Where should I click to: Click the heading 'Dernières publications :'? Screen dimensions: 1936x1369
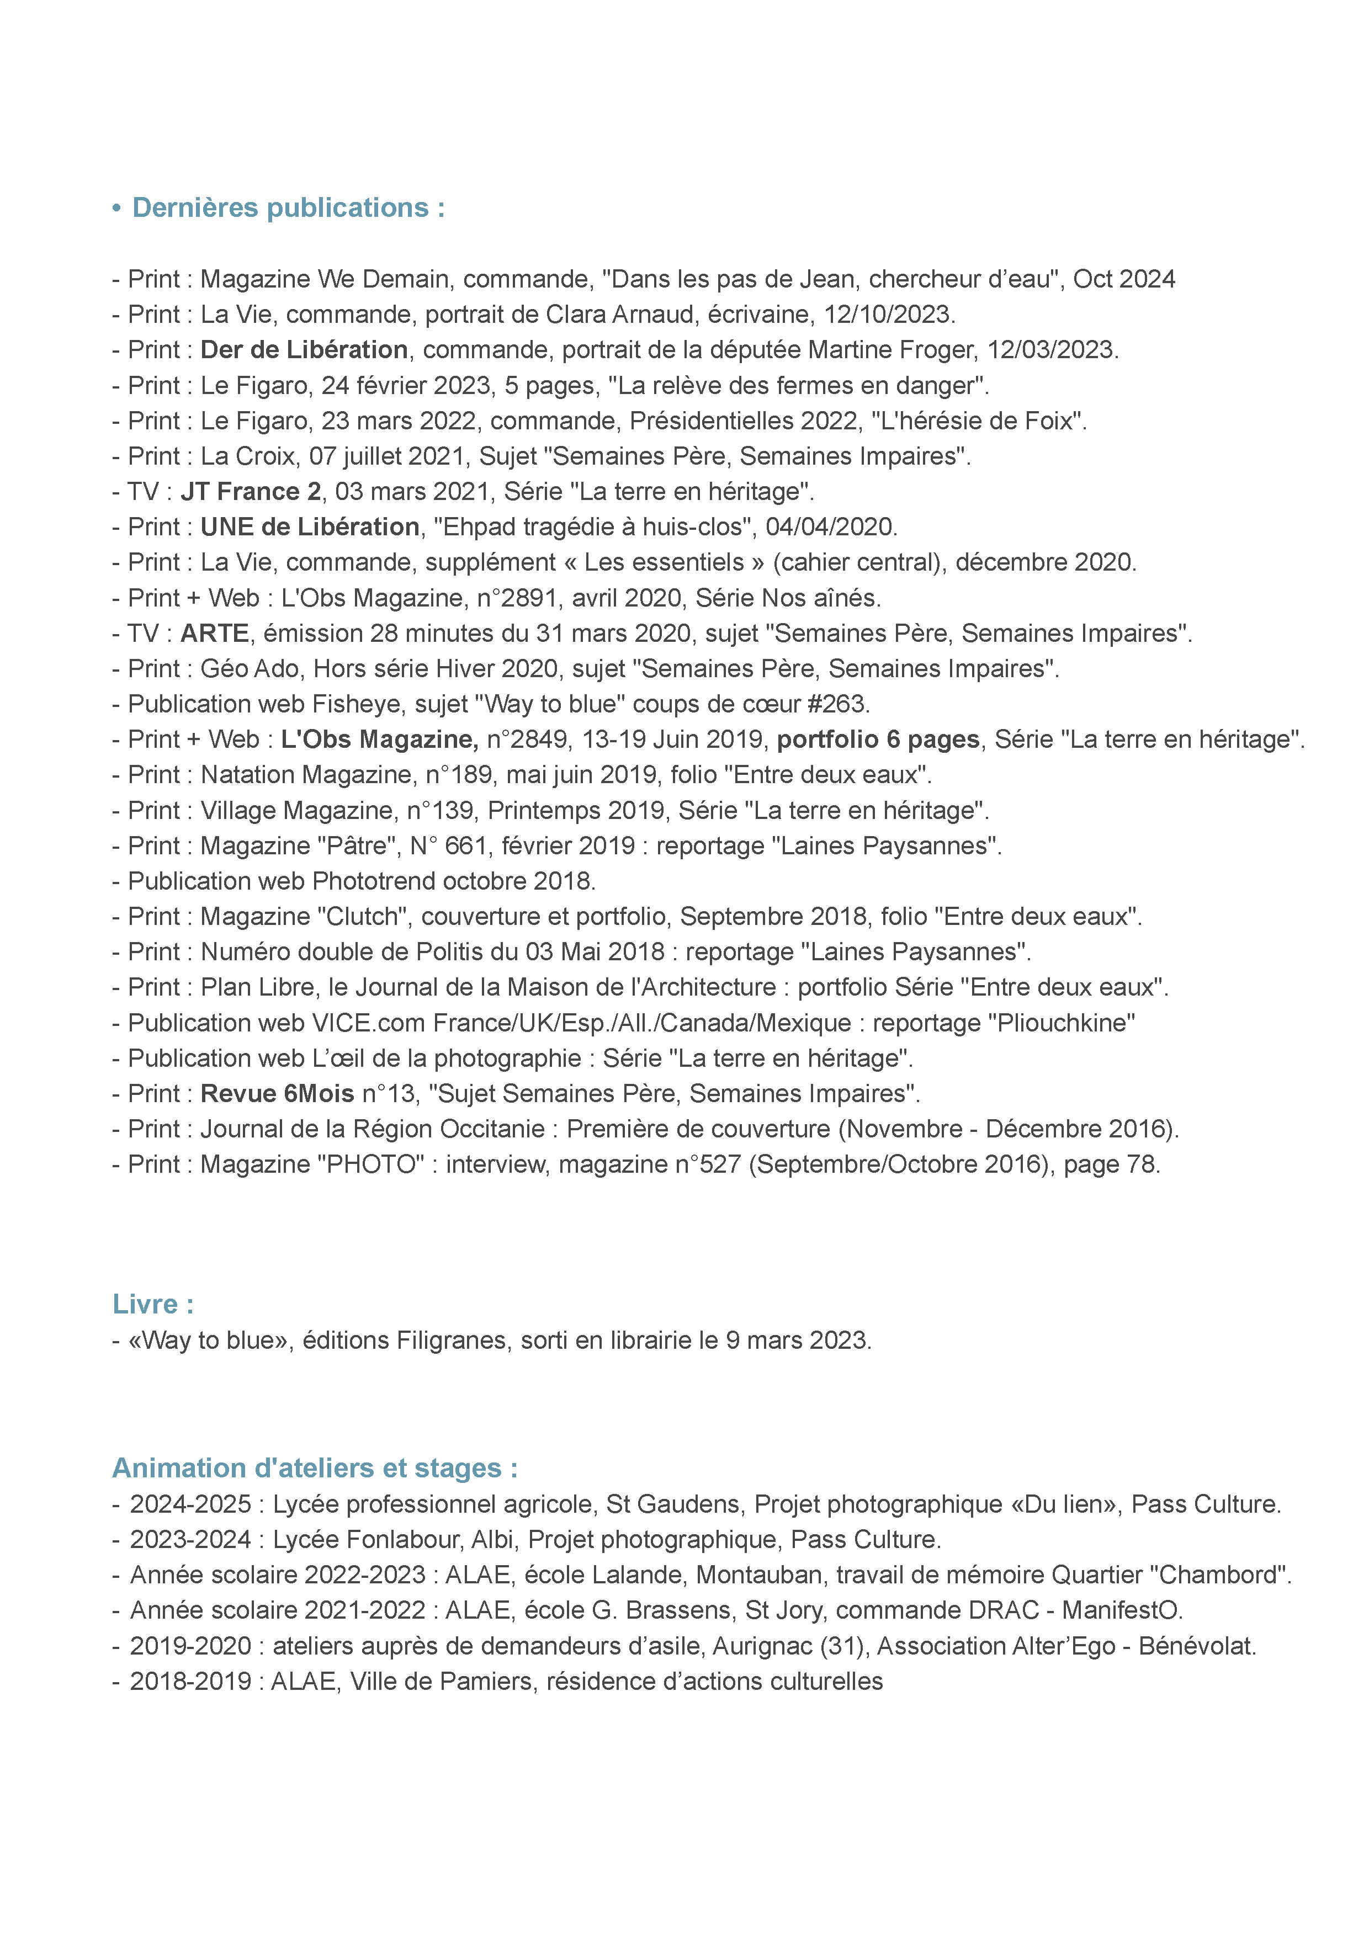(289, 208)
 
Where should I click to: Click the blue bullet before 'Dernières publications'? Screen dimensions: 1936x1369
(116, 208)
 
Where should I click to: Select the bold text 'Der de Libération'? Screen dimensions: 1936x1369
(304, 349)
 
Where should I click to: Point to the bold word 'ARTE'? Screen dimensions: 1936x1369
(214, 632)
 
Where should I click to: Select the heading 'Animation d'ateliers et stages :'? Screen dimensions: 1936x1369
(315, 1467)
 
